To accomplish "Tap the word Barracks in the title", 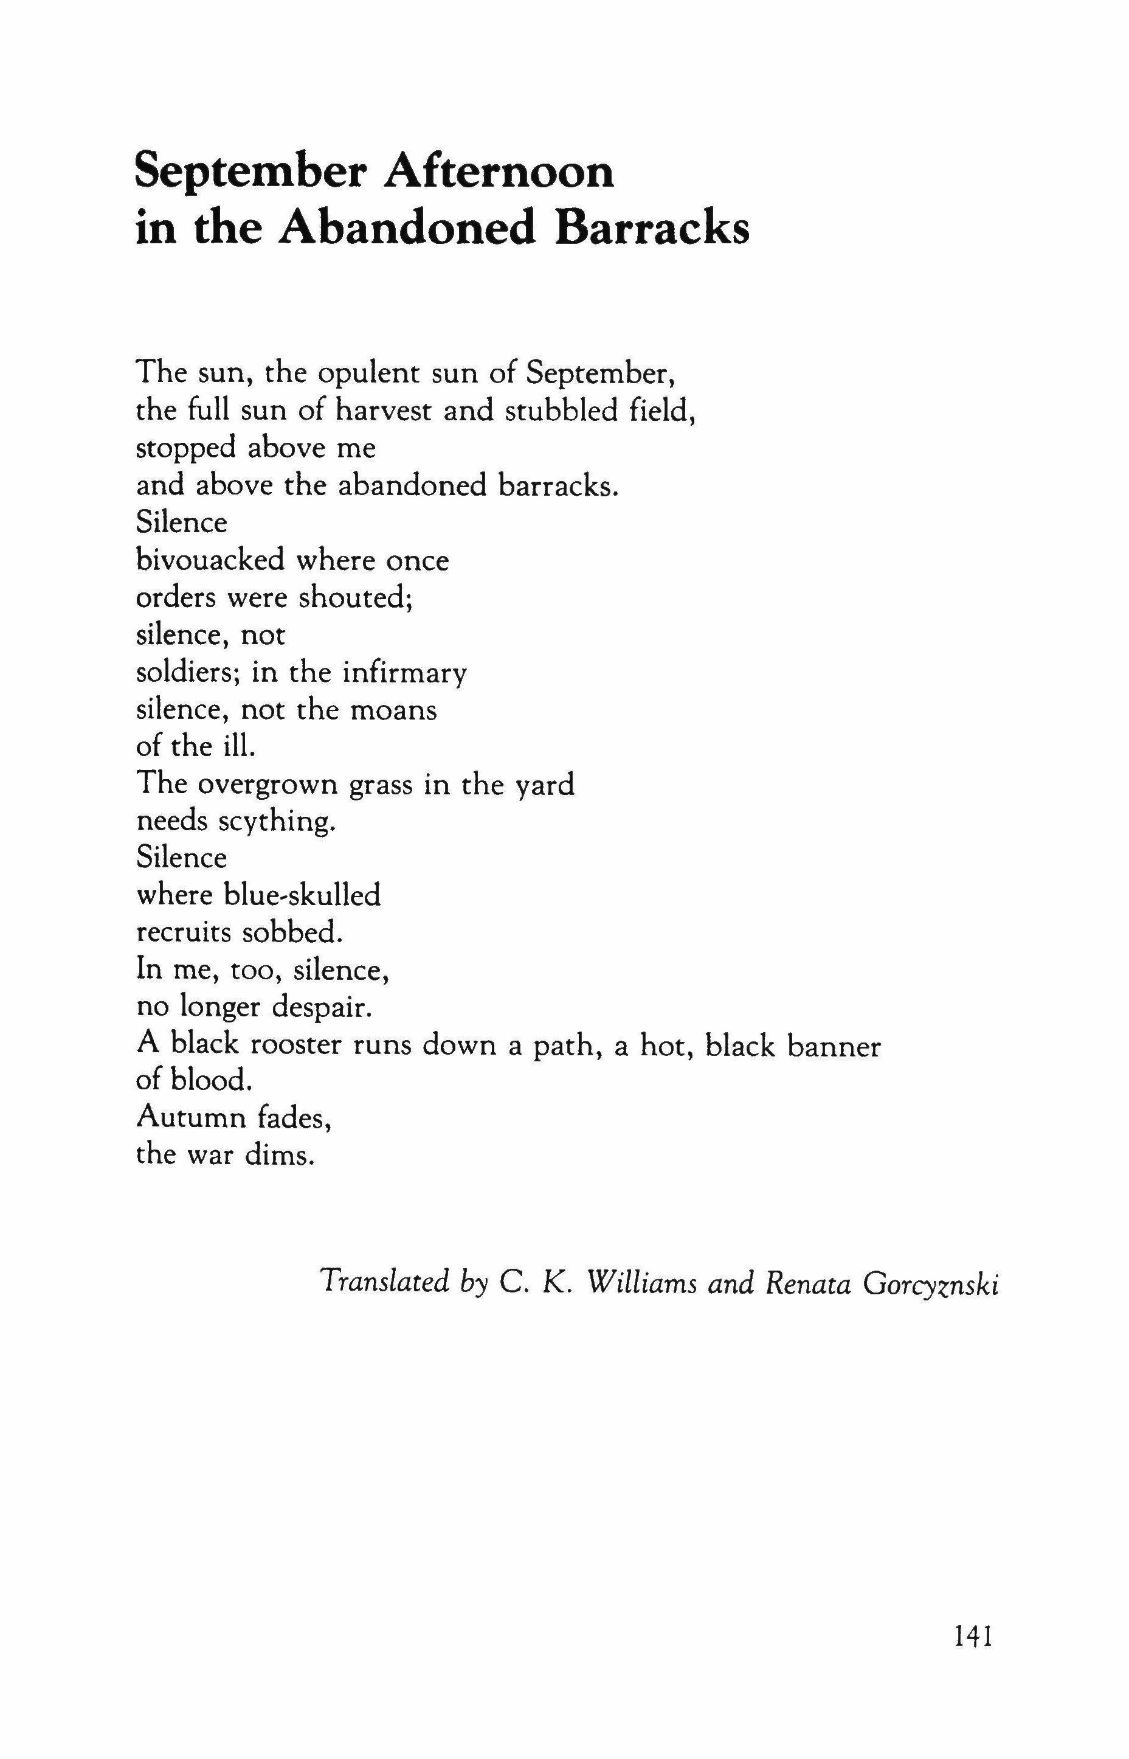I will (x=652, y=229).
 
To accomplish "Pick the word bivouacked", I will (x=210, y=560).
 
